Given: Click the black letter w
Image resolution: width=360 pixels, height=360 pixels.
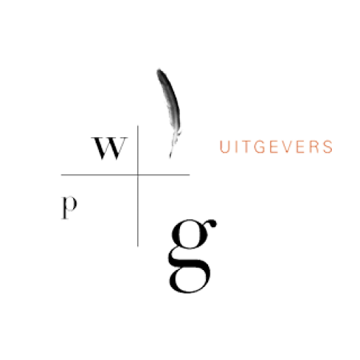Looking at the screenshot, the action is pos(110,148).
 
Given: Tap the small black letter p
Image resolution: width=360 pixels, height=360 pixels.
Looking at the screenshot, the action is pos(69,207).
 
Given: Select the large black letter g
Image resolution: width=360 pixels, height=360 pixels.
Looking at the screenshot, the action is pos(191,256).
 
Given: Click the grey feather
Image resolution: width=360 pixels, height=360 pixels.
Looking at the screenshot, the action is pos(171,110).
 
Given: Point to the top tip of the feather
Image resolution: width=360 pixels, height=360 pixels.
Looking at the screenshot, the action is pos(158,69).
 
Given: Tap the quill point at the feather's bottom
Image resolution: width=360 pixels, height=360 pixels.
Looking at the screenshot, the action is pos(170,157).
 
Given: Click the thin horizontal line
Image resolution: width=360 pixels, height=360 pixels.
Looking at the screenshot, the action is pos(125,174).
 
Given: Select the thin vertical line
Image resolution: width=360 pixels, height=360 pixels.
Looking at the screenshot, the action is pos(138,186).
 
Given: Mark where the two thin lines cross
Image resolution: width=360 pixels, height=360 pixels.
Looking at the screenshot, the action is pos(138,174).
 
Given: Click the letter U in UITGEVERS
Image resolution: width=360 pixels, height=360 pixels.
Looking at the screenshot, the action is pos(224,147).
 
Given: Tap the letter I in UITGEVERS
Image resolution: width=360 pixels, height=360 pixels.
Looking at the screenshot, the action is pos(235,147).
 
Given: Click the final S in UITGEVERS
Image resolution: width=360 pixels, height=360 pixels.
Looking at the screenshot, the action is pos(328,147).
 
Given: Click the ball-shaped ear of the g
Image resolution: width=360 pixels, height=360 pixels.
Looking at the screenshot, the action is pos(212,224).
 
